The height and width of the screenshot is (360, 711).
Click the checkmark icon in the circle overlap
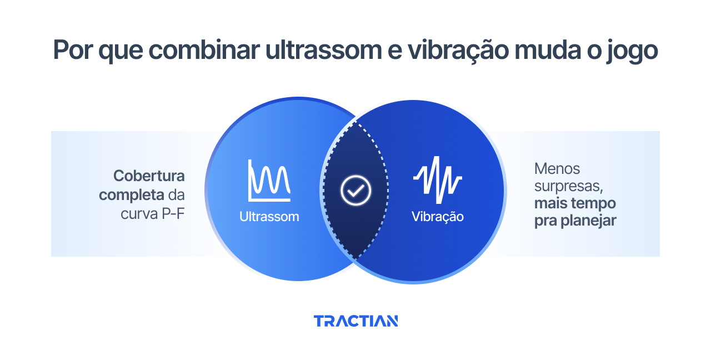coord(355,191)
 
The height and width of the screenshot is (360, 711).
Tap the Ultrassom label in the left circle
coord(269,217)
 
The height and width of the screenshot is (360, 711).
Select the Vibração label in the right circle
coord(437,217)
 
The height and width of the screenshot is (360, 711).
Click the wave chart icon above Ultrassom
coord(269,181)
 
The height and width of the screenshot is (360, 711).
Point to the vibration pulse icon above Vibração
coord(437,179)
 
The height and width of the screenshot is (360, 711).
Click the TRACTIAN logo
coord(355,321)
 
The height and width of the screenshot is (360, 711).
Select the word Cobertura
coord(149,176)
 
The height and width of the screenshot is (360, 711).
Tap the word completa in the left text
coord(132,195)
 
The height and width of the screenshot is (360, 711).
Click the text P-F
coord(173,213)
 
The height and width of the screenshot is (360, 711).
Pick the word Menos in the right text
coord(557,168)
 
